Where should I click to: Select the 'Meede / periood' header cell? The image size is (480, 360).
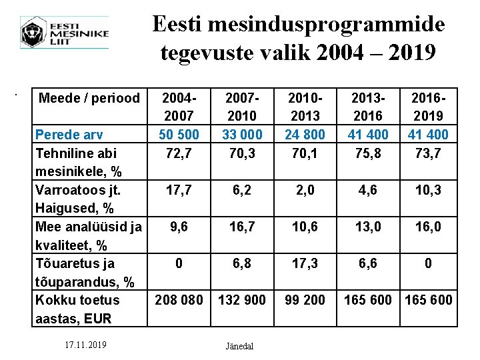point(89,99)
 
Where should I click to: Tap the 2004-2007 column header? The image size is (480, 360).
point(178,107)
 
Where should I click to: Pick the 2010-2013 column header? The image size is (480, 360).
point(304,107)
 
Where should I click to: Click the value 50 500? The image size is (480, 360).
point(178,135)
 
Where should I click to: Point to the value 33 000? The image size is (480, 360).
point(241,135)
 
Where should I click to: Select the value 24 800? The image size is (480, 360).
point(304,135)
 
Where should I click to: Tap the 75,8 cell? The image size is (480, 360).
point(367,153)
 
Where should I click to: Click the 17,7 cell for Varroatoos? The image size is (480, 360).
point(178,190)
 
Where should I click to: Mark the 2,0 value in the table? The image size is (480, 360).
point(304,190)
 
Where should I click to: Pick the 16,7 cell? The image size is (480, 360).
point(241,227)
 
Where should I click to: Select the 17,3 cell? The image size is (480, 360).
point(304,263)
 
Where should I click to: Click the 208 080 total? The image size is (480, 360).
point(178,300)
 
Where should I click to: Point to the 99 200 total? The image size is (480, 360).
point(304,300)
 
